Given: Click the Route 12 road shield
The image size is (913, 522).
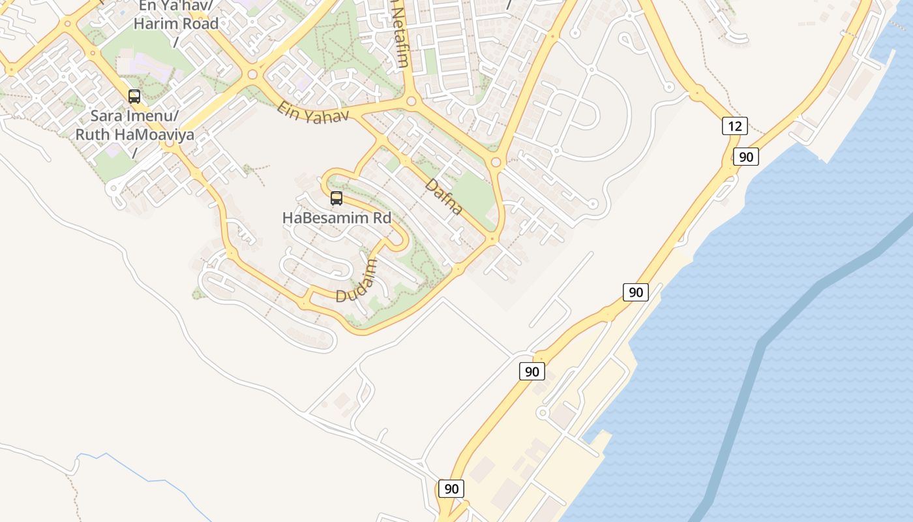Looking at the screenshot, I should [x=734, y=126].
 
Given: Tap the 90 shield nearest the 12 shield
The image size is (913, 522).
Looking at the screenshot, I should [x=746, y=157].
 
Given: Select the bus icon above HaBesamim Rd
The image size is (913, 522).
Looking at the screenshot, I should [x=337, y=198].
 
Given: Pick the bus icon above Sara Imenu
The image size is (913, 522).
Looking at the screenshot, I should [x=134, y=97].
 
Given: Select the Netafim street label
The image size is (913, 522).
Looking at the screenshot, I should [x=400, y=36].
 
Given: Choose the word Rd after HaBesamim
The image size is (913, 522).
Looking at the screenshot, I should [x=381, y=218].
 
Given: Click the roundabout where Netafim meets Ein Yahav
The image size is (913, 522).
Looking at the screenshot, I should [x=412, y=101].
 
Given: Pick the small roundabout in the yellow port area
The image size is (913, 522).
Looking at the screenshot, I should [x=542, y=413].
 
